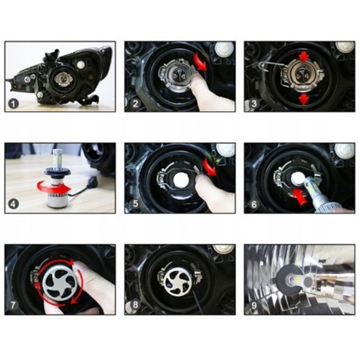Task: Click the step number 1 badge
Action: point(13,104)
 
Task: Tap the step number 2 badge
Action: point(135,104)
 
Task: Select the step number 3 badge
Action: point(254,104)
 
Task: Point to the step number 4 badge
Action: point(13,204)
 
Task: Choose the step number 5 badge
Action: point(135,204)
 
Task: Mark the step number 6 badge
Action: point(254,204)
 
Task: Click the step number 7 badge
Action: point(13,305)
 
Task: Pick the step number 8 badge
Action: point(135,305)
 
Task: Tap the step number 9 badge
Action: point(254,305)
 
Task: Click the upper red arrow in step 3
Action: point(304,57)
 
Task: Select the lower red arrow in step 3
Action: point(303,99)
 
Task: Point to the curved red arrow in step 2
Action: point(200,61)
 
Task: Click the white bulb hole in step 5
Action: point(180,180)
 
